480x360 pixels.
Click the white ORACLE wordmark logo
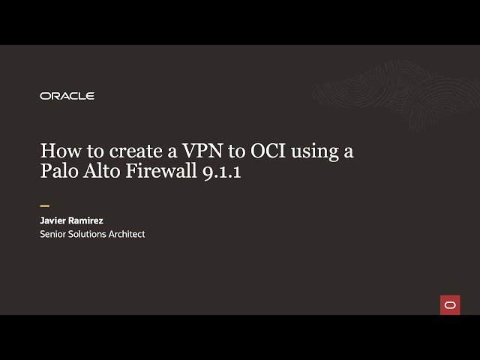tap(67, 96)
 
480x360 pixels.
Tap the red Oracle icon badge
tap(450, 304)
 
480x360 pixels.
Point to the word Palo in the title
tap(58, 172)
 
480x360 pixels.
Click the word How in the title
tap(58, 151)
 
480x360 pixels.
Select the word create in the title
tap(132, 151)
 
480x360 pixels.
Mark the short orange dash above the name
tap(44, 205)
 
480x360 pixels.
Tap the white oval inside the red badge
tap(450, 304)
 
